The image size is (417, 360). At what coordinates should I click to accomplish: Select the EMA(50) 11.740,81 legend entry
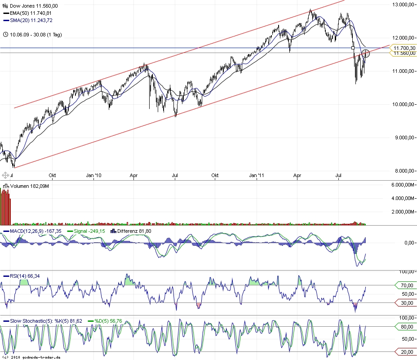[x=31, y=13]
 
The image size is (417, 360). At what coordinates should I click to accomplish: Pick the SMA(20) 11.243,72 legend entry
[x=31, y=21]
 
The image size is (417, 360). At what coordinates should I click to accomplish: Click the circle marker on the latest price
[x=365, y=53]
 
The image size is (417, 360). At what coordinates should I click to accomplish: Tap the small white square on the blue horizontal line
[x=353, y=48]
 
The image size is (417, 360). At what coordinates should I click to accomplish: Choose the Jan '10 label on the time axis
[x=93, y=175]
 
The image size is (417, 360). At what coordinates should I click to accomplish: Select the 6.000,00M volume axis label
[x=402, y=185]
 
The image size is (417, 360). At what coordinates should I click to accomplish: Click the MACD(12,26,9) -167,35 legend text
[x=33, y=231]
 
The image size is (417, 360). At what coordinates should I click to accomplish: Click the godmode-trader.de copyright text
[x=31, y=357]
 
